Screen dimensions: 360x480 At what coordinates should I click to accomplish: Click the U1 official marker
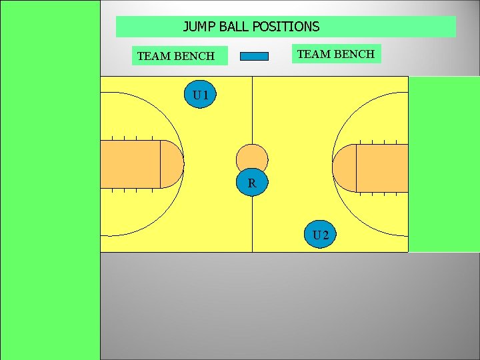[x=200, y=95]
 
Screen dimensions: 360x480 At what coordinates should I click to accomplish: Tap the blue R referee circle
[x=252, y=182]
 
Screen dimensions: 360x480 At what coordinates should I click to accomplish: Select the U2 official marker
[x=321, y=234]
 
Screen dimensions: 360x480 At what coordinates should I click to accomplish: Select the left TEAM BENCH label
[x=175, y=56]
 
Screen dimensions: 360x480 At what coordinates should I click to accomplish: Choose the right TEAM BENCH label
[x=336, y=53]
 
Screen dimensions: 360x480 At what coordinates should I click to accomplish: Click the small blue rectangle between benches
[x=254, y=56]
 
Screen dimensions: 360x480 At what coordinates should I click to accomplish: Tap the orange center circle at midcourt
[x=252, y=157]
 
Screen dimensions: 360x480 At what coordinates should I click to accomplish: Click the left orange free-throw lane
[x=130, y=164]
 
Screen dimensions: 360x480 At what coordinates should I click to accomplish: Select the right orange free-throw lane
[x=382, y=168]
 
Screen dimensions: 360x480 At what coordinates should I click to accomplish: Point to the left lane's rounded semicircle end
[x=173, y=164]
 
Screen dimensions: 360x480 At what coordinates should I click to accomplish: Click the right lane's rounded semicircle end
[x=344, y=168]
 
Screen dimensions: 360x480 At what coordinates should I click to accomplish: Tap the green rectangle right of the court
[x=443, y=164]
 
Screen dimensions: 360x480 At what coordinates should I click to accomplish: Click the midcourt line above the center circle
[x=252, y=110]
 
